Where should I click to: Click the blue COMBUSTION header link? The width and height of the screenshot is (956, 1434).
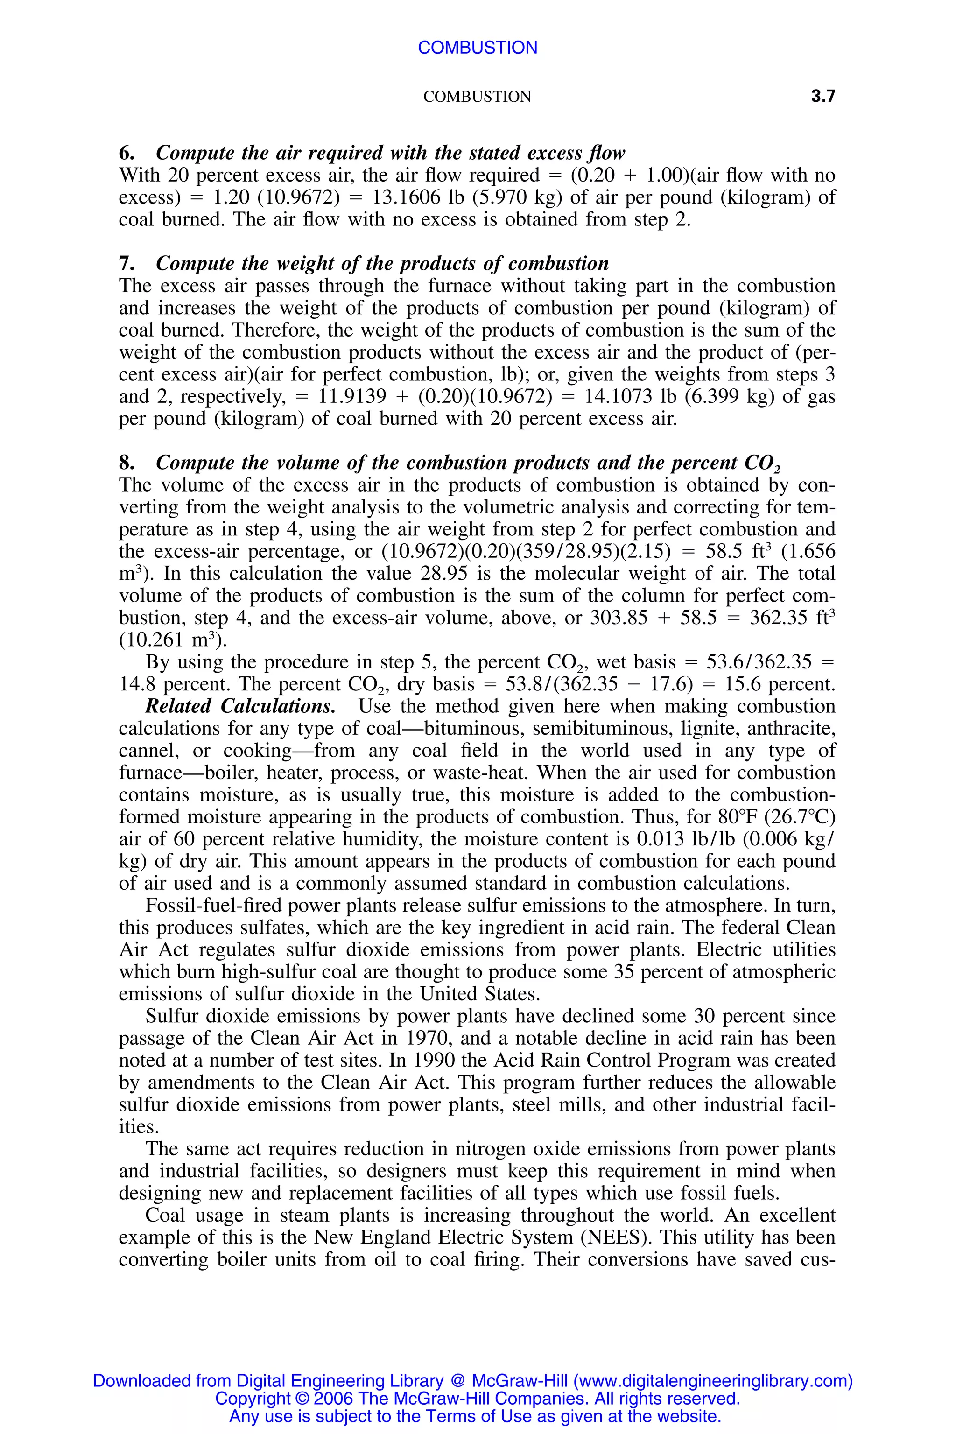click(x=478, y=48)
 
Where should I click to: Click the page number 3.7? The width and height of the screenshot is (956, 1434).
click(x=822, y=96)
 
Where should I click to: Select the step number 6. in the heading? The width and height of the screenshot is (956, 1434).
click(x=127, y=153)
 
